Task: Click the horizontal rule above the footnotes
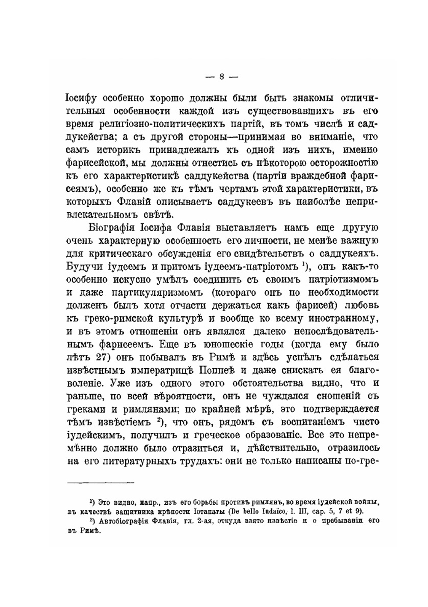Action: [x=101, y=483]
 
